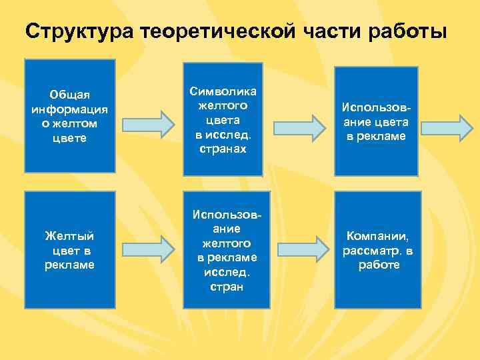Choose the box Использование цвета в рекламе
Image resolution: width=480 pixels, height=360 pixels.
pos(376,121)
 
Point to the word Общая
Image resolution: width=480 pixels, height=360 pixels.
pos(70,94)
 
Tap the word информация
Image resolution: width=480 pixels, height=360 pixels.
pos(70,109)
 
